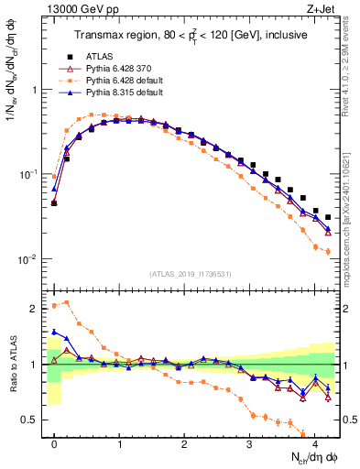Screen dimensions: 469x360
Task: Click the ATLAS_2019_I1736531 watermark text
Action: coord(191,274)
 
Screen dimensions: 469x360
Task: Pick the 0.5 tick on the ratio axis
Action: coord(33,420)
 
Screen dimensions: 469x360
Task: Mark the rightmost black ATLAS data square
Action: coord(328,218)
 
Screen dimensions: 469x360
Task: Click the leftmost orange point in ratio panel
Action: coord(54,306)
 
